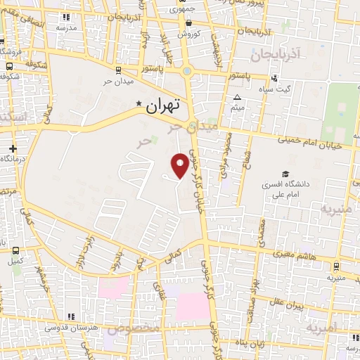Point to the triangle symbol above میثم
(238, 97)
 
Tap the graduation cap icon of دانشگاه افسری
(285, 174)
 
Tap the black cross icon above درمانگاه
(13, 148)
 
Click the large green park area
(340, 112)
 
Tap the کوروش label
(189, 34)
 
